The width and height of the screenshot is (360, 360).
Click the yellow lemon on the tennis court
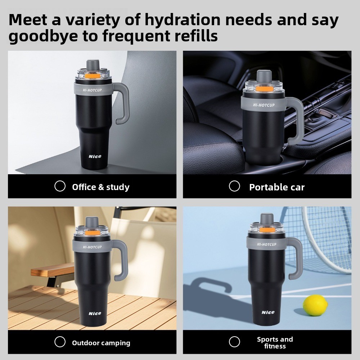pos(315,305)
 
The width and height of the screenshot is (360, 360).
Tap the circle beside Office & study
pos(60,186)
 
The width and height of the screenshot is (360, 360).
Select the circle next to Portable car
pos(234,186)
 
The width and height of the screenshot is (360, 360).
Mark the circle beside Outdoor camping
pos(60,342)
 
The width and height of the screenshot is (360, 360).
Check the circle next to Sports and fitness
pos(234,342)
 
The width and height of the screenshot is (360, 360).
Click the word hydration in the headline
pos(183,20)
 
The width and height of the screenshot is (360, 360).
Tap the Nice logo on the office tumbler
pos(95,156)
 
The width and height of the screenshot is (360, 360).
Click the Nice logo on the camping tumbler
pos(95,314)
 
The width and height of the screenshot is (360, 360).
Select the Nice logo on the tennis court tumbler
pos(268,312)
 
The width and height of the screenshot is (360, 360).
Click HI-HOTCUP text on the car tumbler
pos(264,105)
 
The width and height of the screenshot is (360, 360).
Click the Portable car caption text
pos(277,187)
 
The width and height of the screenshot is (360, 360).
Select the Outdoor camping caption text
pos(101,343)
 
